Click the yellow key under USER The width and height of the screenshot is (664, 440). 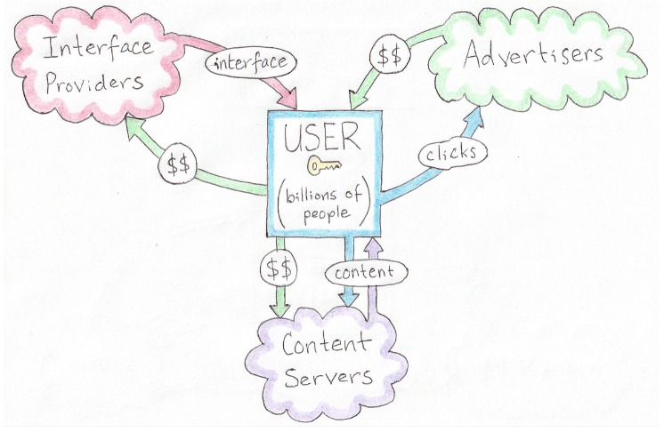click(x=324, y=165)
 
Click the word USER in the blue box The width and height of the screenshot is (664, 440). click(x=322, y=137)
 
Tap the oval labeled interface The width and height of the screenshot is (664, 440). click(x=251, y=62)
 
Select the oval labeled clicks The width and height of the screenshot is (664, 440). click(x=453, y=152)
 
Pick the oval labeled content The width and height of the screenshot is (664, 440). click(x=367, y=272)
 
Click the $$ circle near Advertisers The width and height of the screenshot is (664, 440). click(x=390, y=56)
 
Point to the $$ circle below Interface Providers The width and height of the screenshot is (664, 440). click(x=178, y=164)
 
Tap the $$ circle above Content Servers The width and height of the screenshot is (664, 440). click(x=279, y=268)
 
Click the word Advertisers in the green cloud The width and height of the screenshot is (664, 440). click(x=533, y=55)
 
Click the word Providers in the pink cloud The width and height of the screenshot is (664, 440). click(x=94, y=82)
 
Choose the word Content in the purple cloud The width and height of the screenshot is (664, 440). click(x=325, y=343)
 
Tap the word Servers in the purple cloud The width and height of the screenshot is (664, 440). click(x=328, y=376)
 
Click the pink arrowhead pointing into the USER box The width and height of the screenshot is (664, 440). click(x=288, y=98)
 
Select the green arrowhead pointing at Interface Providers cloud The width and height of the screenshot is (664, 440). click(x=137, y=129)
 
